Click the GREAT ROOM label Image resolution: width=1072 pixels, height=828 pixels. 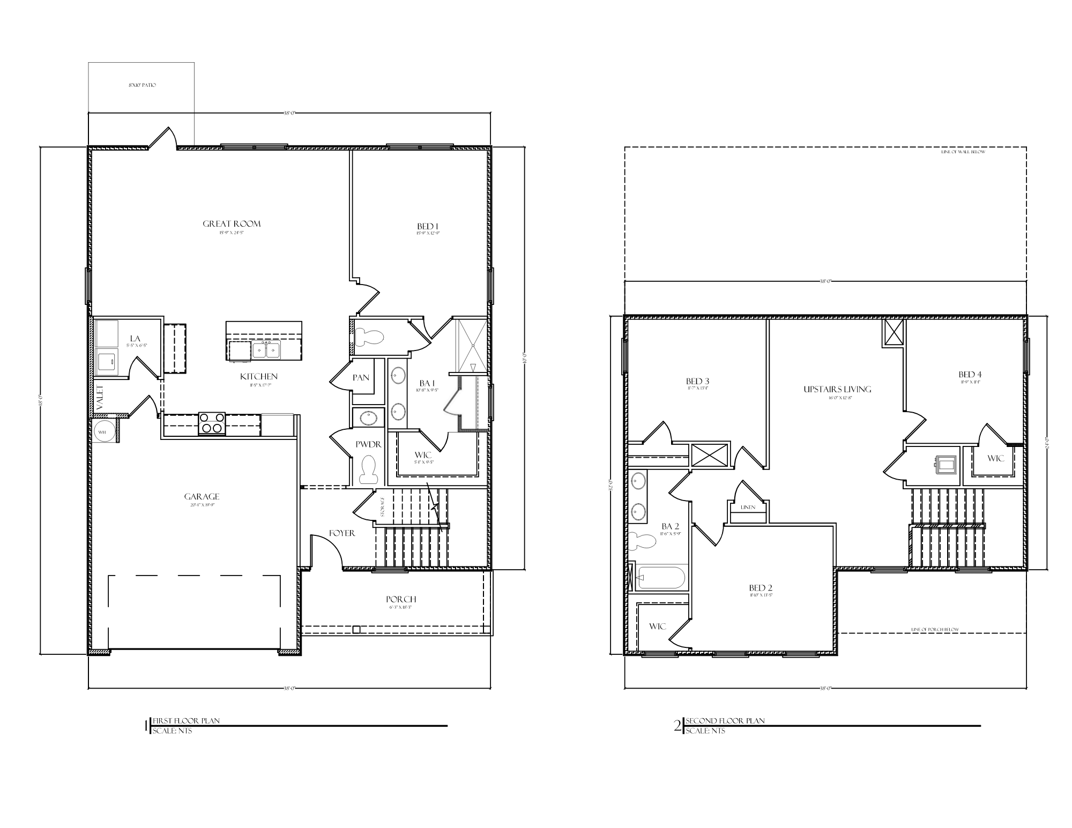[232, 224]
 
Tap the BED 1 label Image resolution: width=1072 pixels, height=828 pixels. [428, 227]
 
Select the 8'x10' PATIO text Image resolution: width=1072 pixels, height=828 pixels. [142, 85]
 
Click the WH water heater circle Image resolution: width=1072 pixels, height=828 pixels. [102, 431]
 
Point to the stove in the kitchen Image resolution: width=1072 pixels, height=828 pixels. [212, 423]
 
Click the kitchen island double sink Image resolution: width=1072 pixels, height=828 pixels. [266, 350]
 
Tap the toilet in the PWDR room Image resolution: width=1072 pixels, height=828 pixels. [368, 469]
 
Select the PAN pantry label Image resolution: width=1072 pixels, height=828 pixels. [361, 378]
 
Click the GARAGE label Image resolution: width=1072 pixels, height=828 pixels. [202, 497]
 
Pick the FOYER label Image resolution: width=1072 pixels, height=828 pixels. [342, 533]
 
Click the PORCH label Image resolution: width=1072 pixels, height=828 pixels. [401, 600]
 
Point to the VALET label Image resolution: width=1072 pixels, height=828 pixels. [100, 398]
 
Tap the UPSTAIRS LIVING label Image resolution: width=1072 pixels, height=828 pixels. [837, 390]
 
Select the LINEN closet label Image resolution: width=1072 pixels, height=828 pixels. [748, 507]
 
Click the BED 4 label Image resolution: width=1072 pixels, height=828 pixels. [970, 375]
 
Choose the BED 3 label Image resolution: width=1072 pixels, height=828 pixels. [697, 382]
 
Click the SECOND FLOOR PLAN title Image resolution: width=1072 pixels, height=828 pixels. [725, 721]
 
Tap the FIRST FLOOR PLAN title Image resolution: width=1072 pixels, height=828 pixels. [186, 721]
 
